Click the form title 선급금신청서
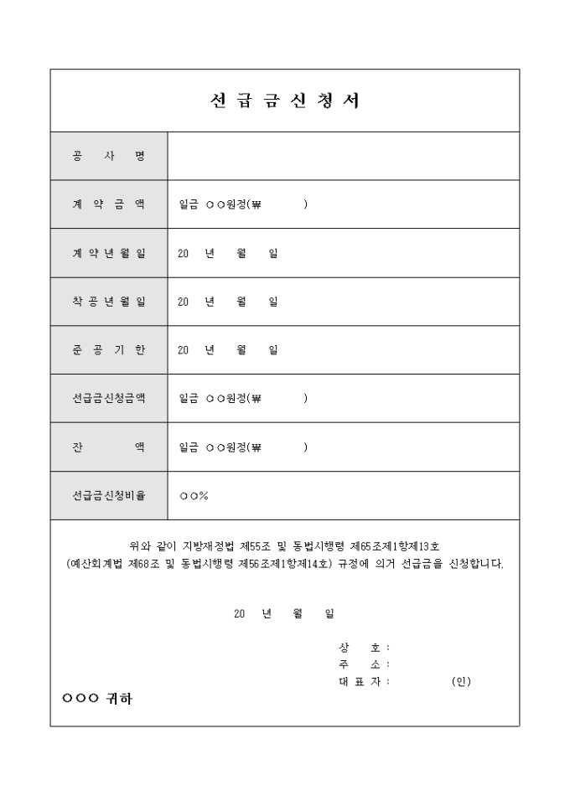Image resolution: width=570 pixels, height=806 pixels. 284,101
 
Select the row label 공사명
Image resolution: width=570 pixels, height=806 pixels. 109,156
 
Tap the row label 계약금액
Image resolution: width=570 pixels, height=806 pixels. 109,204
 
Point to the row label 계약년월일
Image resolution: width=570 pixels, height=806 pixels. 109,253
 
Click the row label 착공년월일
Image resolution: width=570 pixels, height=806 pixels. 109,302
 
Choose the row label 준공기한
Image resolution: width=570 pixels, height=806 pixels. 109,350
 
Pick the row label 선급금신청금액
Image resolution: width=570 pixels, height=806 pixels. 109,399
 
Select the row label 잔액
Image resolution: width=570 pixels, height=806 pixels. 109,447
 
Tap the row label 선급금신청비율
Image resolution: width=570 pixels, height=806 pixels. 109,496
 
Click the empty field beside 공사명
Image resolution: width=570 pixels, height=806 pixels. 343,156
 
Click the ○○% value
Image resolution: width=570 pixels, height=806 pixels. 194,496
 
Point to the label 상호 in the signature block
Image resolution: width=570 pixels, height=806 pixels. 360,648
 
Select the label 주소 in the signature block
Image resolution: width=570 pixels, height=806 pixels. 360,664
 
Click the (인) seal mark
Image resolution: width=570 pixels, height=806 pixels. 460,681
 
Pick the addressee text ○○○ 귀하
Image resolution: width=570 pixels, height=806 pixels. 97,699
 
